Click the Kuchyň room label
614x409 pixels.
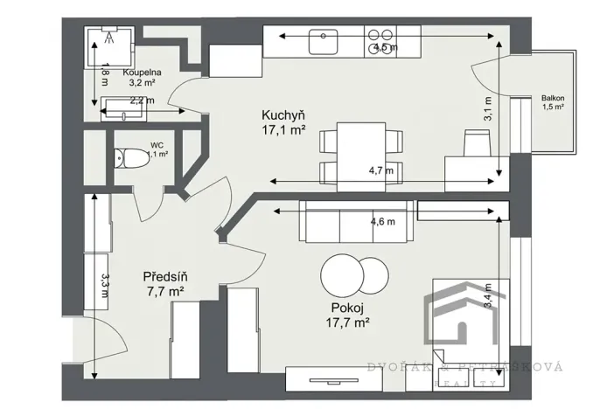283,115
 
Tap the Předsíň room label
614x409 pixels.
165,277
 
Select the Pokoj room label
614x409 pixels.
349,308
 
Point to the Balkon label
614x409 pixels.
552,98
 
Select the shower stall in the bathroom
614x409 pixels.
109,45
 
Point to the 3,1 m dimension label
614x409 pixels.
488,107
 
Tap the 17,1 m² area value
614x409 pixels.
283,131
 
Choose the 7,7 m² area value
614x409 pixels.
165,292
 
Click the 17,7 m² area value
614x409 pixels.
349,322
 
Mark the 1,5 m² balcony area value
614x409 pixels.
552,107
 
